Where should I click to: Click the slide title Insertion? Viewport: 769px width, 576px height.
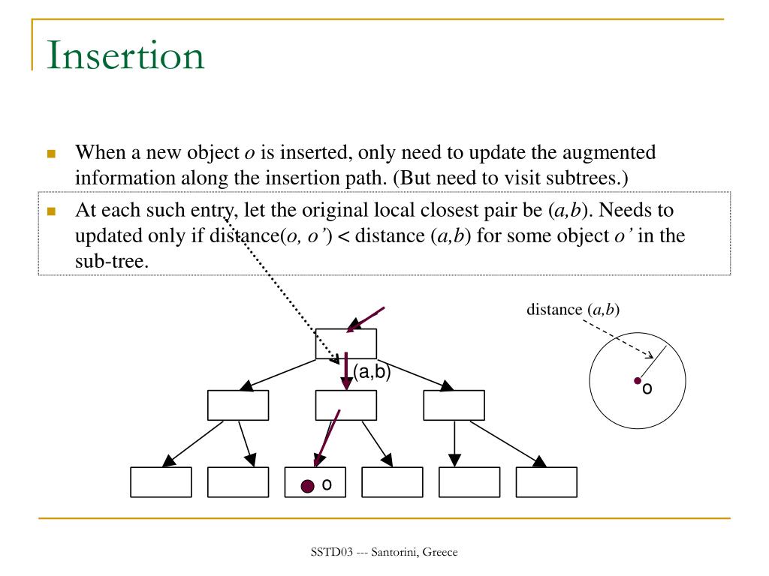[125, 55]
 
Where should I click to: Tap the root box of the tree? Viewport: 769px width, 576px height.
[345, 343]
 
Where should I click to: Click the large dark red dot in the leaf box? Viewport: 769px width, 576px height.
[307, 486]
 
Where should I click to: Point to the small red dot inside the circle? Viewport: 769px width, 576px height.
[637, 381]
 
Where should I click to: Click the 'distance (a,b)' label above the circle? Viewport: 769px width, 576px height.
[573, 309]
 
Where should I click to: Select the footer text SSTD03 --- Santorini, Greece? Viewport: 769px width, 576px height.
[384, 553]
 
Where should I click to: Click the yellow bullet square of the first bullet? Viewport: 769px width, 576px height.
[52, 154]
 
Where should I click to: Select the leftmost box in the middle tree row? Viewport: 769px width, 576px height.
[237, 405]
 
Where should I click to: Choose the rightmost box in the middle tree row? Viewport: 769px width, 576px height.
[454, 405]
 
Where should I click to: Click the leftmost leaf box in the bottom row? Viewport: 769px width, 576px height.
[161, 482]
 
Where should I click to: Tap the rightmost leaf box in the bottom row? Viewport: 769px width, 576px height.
[547, 482]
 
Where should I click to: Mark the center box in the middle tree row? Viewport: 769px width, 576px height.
[345, 405]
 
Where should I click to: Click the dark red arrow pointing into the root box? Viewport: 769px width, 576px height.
[366, 319]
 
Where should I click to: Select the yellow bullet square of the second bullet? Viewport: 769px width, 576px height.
[52, 211]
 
